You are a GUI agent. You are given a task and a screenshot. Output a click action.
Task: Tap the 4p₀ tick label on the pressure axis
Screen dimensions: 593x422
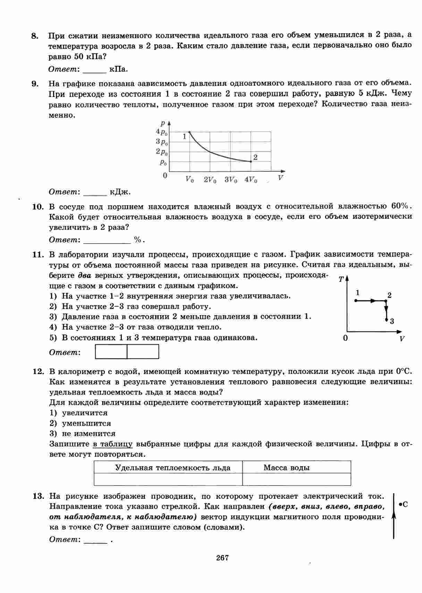[162, 132]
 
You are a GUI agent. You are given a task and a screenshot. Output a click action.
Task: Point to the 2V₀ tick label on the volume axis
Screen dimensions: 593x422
[210, 179]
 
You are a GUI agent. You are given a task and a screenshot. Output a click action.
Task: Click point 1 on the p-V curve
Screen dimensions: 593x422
[189, 132]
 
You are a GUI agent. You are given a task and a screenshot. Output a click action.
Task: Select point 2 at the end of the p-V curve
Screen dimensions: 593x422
[251, 161]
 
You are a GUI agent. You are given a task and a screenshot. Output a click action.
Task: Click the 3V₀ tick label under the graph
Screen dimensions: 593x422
[230, 179]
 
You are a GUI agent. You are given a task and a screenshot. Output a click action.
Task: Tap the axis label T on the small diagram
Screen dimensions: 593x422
[341, 280]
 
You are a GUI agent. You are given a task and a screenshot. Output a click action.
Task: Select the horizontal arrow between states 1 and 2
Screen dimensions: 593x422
[372, 301]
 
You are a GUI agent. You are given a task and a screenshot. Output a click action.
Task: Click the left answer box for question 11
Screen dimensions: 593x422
[111, 352]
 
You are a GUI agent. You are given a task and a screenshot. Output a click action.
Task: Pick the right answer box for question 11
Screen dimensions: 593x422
[143, 352]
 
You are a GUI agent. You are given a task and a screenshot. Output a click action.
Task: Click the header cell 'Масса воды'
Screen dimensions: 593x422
[286, 468]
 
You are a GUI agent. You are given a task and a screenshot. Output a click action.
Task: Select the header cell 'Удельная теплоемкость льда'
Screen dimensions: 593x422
[172, 468]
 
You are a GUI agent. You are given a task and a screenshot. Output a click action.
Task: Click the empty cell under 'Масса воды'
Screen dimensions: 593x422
[296, 479]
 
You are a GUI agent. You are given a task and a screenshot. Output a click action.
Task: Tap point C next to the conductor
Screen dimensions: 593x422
[400, 505]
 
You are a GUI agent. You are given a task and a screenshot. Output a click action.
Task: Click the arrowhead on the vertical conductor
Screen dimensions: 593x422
[394, 516]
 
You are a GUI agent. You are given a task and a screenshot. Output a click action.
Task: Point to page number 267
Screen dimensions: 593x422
[222, 558]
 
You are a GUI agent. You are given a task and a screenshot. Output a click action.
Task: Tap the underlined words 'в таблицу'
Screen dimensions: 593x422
[112, 444]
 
